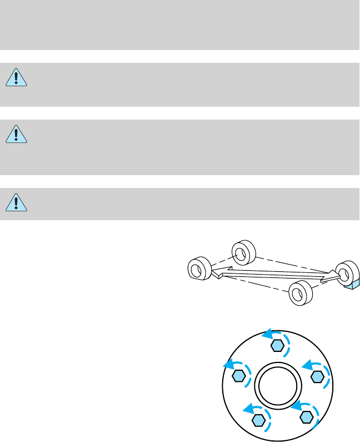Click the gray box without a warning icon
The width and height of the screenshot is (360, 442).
179,25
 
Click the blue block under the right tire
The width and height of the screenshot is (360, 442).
352,285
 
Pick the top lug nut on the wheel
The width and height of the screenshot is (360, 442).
278,346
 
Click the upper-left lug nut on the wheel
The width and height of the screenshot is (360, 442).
238,376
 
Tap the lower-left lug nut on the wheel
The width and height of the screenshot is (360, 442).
257,420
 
